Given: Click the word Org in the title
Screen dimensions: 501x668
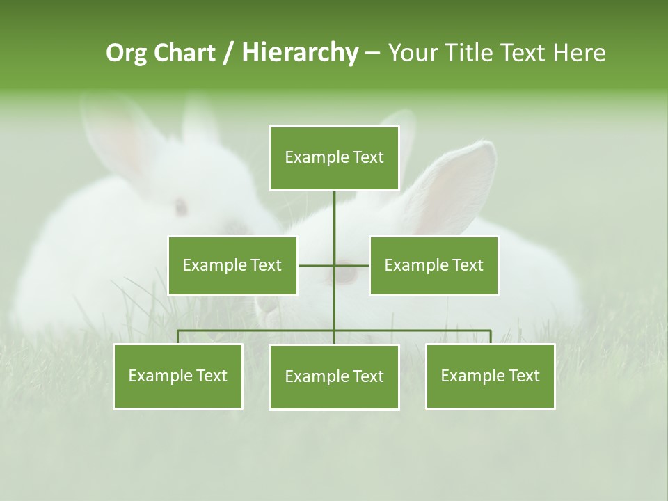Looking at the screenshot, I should [x=127, y=53].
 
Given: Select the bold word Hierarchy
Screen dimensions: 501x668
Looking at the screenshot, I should [x=299, y=53].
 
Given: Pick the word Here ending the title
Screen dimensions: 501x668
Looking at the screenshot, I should [x=579, y=53].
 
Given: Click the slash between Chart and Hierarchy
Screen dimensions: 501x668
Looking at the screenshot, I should [x=228, y=54].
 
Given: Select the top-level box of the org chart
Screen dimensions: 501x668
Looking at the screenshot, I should [x=334, y=158].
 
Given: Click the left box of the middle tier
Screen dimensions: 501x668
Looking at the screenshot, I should [x=232, y=266].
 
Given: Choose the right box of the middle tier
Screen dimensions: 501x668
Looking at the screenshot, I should [x=434, y=266].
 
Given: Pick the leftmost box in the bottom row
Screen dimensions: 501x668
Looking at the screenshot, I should [x=178, y=376].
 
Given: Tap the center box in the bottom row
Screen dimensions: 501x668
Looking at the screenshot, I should [x=334, y=377].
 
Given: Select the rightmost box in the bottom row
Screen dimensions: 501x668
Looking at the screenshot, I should [x=490, y=376].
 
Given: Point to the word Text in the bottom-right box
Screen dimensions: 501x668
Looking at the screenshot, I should [x=523, y=376].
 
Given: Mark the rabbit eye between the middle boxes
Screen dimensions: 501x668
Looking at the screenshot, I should [x=346, y=274].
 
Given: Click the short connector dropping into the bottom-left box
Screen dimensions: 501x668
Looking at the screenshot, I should [x=178, y=337].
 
